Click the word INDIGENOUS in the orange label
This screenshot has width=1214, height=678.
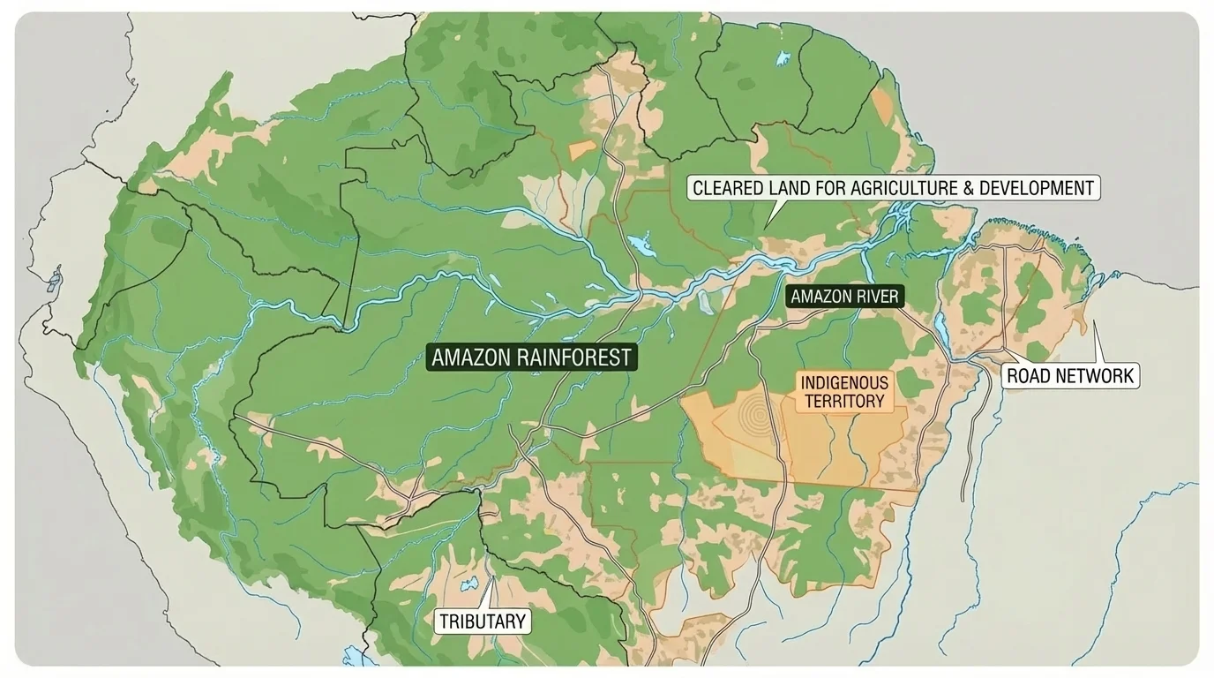click(843, 383)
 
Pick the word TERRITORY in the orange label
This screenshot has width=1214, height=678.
click(843, 401)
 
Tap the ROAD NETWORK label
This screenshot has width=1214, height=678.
click(1069, 376)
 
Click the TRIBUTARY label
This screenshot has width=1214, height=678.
click(483, 621)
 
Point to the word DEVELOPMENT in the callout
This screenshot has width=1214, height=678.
click(1041, 188)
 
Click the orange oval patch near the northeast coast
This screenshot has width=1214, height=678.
click(882, 103)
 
